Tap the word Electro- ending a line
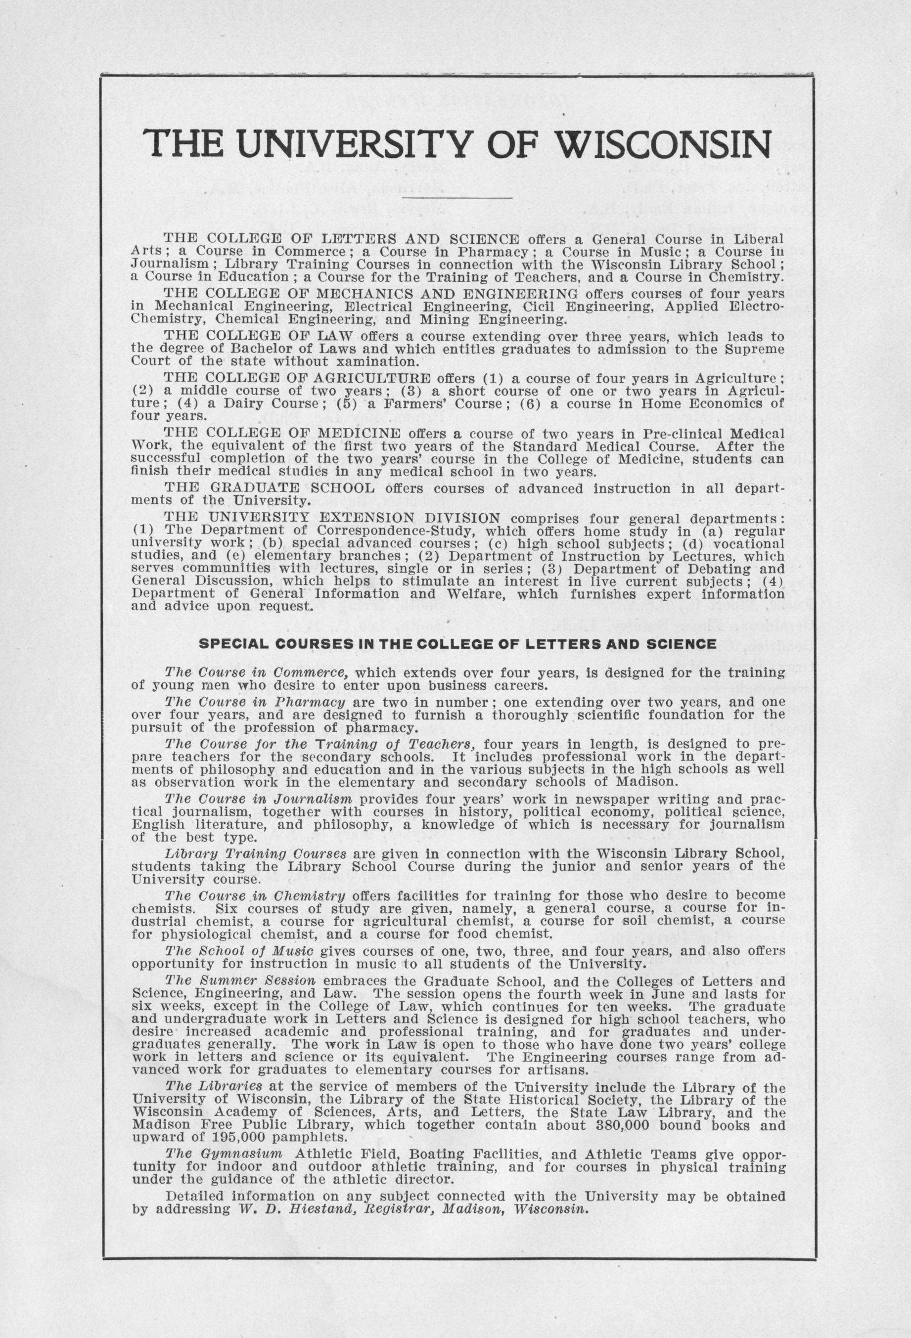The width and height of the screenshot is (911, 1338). [755, 306]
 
